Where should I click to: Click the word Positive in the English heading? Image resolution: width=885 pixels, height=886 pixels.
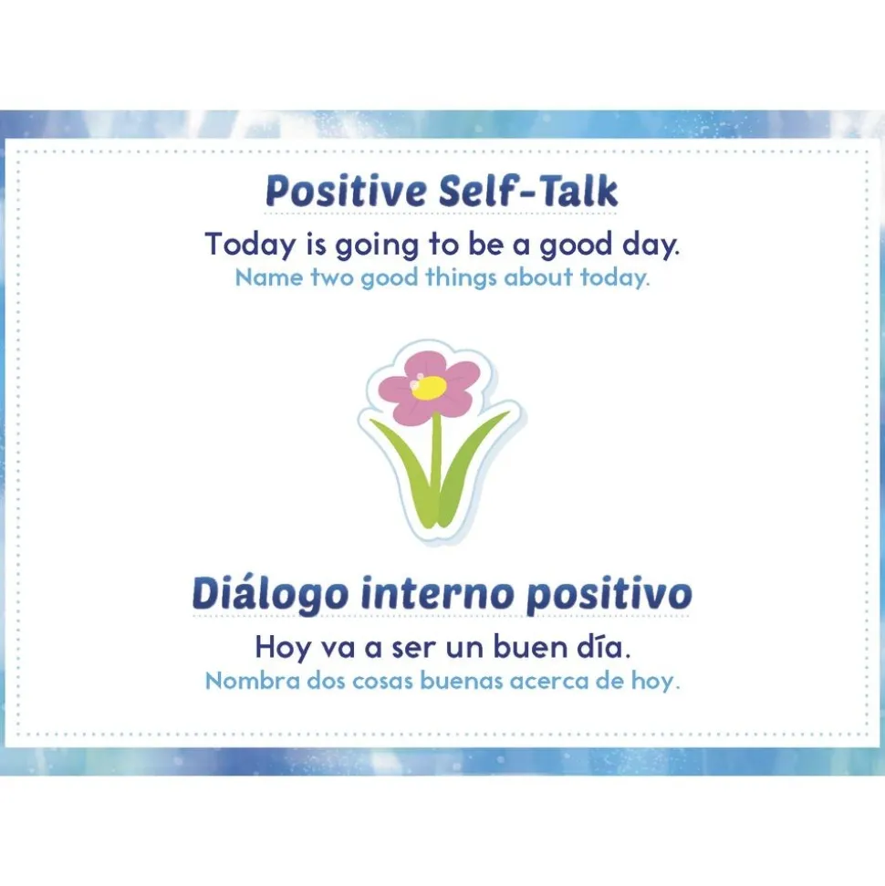[x=346, y=191]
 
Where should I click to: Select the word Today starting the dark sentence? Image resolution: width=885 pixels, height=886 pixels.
[x=250, y=245]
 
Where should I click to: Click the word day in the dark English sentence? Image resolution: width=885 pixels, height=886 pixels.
[x=651, y=245]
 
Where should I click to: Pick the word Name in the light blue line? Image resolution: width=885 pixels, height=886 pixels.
[x=269, y=277]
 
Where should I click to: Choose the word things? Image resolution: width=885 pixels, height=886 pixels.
[x=461, y=278]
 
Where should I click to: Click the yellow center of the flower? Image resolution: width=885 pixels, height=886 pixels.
[x=430, y=387]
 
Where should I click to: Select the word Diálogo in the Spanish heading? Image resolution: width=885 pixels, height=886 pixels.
[x=270, y=594]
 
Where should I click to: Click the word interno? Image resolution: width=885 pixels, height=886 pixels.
[x=437, y=593]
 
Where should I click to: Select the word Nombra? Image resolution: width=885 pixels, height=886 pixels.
[x=252, y=681]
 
